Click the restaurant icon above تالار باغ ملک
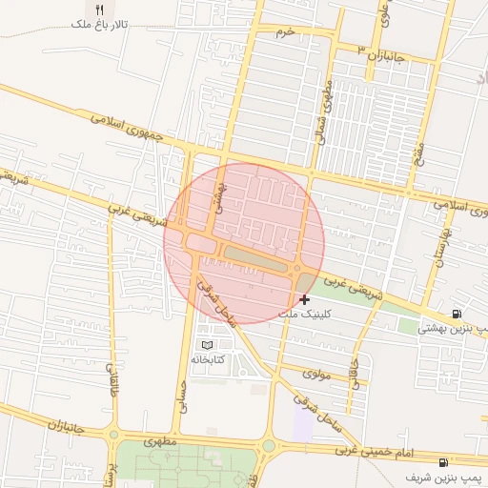(100, 9)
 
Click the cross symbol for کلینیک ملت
(304, 299)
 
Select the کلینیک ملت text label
(302, 314)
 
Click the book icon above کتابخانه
(207, 344)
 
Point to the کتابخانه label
(208, 359)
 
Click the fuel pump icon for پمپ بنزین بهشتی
(457, 315)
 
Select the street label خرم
(284, 32)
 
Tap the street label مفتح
(417, 153)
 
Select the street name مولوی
(315, 375)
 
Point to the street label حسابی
(179, 391)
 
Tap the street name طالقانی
(110, 381)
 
